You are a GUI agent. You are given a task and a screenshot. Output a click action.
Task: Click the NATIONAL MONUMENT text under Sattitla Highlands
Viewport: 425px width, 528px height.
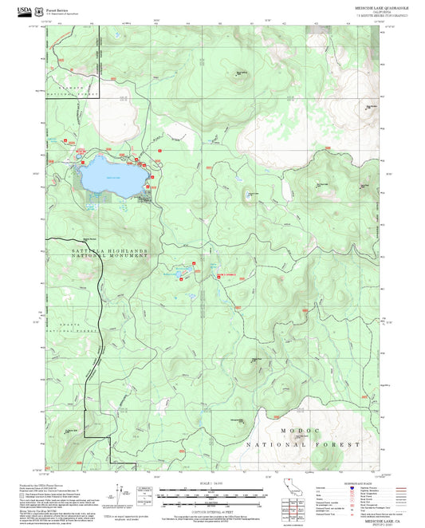tap(99, 258)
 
